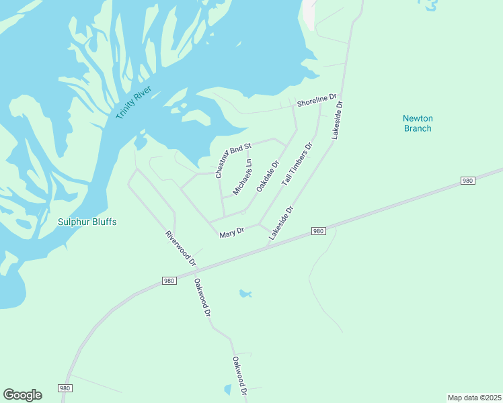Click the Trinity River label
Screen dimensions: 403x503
pos(134,103)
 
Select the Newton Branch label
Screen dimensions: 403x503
pos(417,123)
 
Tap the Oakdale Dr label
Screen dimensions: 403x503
pos(267,179)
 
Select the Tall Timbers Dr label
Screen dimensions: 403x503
pos(297,165)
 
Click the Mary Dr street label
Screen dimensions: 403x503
pos(232,232)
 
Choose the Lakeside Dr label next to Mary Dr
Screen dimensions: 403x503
pos(281,224)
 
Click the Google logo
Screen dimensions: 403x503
pos(22,395)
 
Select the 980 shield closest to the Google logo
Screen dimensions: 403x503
pos(65,388)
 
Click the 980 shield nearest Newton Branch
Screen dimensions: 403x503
pos(468,181)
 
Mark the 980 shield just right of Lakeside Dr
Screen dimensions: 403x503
pos(319,231)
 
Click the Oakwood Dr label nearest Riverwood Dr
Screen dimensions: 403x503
pos(202,298)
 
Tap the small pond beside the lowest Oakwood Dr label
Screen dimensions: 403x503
pos(227,389)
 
